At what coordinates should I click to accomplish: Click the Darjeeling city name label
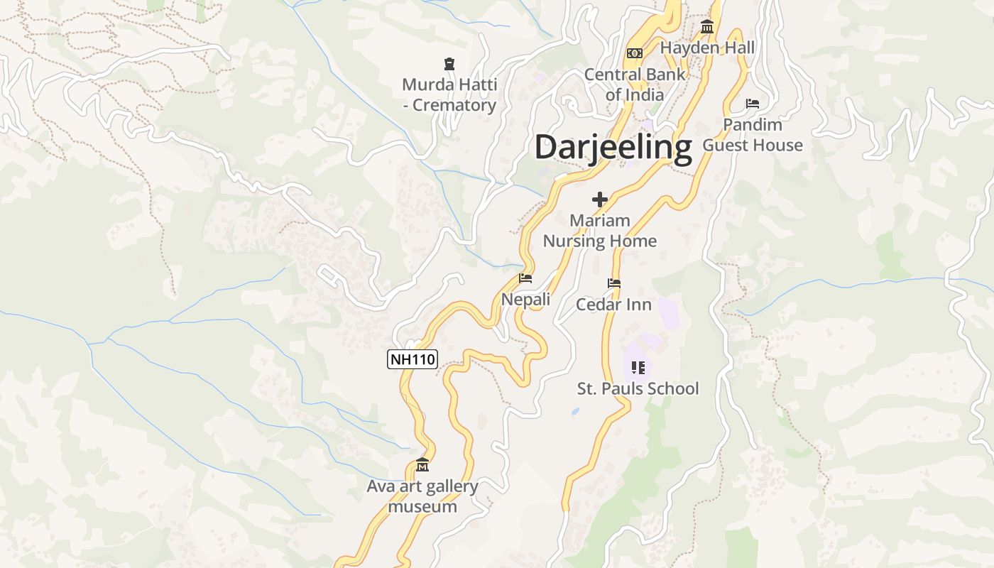tap(613, 148)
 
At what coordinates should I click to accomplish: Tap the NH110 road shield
tap(412, 359)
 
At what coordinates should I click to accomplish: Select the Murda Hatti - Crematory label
tap(449, 95)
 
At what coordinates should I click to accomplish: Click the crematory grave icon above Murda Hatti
tap(449, 65)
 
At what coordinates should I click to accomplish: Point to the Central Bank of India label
tap(635, 84)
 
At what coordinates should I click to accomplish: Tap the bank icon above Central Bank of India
tap(635, 53)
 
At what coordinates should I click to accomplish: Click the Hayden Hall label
tap(707, 48)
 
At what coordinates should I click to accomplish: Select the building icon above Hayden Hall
tap(707, 28)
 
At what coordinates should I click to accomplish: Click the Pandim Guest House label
tap(753, 135)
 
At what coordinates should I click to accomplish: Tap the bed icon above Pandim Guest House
tap(753, 104)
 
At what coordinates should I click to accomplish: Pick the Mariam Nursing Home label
tap(600, 231)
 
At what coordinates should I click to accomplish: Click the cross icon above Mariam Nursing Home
tap(600, 200)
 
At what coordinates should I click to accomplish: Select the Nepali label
tap(525, 300)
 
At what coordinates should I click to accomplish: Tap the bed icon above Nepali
tap(525, 278)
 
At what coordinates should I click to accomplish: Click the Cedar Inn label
tap(613, 305)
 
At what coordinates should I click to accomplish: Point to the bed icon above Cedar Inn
tap(614, 283)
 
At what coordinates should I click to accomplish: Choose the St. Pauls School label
tap(638, 388)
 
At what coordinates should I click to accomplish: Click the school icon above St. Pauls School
tap(638, 368)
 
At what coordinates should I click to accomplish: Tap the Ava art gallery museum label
tap(422, 497)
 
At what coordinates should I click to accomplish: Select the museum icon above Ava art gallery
tap(422, 465)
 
